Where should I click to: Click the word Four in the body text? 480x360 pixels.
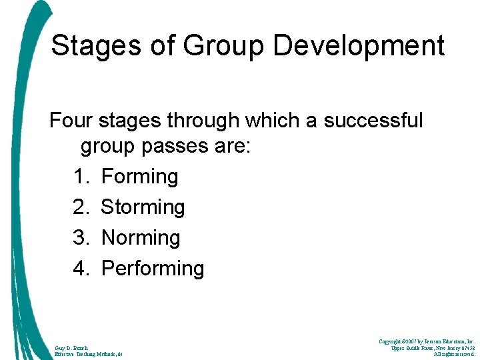pos(71,121)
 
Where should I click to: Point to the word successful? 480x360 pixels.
pos(373,121)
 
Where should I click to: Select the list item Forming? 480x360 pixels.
pos(139,177)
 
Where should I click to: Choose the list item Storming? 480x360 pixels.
pos(143,207)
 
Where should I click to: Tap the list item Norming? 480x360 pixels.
pos(140,238)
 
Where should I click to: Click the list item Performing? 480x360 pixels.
pos(152,269)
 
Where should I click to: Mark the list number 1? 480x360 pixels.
pos(81,177)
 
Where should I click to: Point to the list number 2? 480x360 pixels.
pos(81,207)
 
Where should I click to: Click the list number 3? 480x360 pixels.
pos(81,238)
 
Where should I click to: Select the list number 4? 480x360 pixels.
pos(81,269)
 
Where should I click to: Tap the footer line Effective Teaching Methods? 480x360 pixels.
pos(88,355)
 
